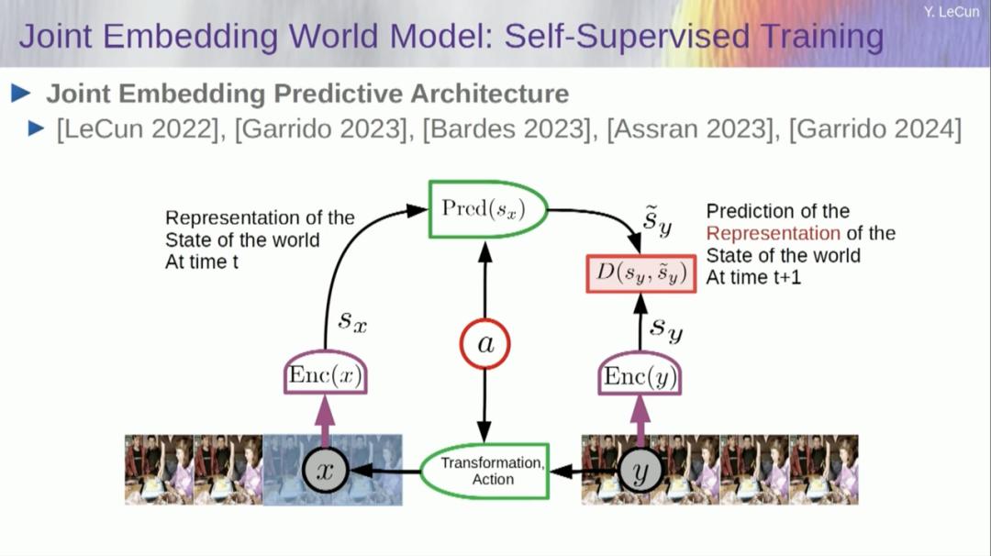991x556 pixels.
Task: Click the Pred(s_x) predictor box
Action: tap(487, 209)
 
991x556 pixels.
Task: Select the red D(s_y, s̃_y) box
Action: tap(640, 272)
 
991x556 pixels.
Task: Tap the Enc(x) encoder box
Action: tap(326, 374)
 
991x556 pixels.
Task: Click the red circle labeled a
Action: tap(484, 344)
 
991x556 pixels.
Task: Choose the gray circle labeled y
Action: tap(641, 472)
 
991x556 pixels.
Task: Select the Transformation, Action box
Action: tap(484, 471)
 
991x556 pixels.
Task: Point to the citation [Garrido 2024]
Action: tap(874, 129)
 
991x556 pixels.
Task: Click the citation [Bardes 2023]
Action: tap(505, 129)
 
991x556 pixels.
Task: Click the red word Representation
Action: tap(773, 233)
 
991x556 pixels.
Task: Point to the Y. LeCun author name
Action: tap(952, 12)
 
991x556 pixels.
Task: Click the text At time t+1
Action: tap(753, 277)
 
